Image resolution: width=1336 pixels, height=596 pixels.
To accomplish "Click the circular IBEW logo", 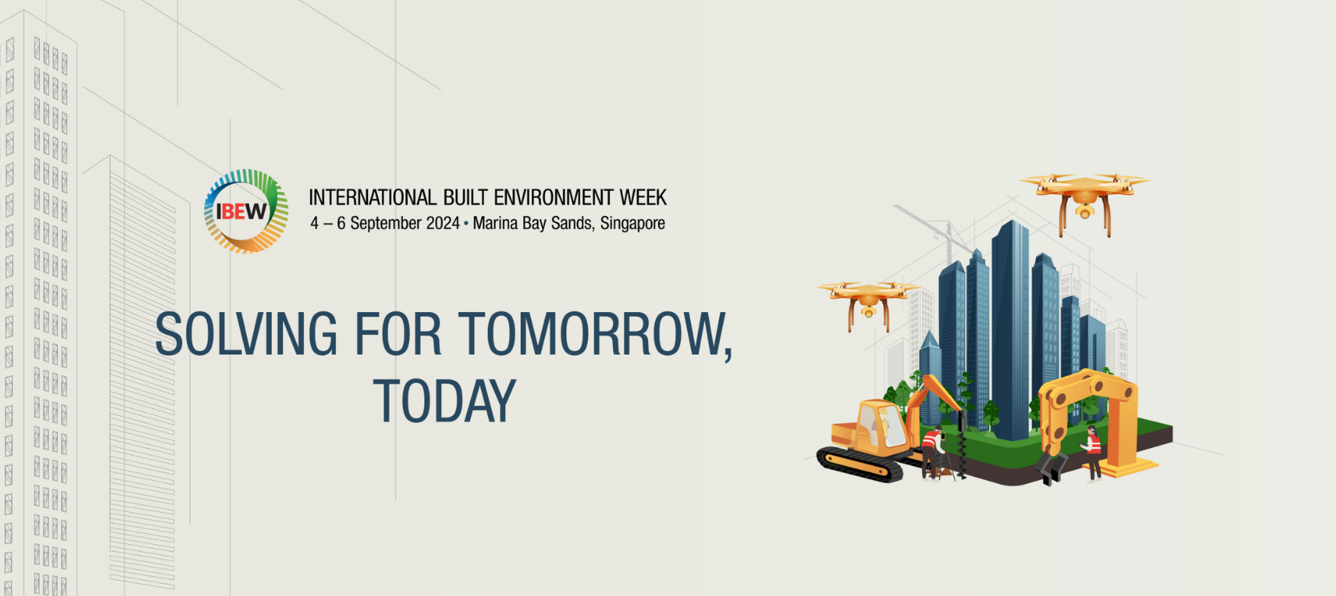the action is [x=246, y=211].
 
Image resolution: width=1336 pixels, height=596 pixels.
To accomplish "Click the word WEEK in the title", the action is [x=643, y=198].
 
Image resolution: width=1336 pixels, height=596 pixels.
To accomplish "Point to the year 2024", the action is [x=443, y=224].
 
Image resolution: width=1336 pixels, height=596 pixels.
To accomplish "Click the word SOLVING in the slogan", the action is [x=246, y=333].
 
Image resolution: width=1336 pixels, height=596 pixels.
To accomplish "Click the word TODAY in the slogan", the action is [x=444, y=401].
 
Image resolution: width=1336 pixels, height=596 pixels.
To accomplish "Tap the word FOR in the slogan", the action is [x=398, y=333].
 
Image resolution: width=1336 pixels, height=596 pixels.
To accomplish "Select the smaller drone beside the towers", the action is [x=868, y=302].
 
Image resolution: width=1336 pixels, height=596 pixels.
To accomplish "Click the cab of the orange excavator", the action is [x=883, y=424].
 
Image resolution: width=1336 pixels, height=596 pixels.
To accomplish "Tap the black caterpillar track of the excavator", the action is [x=860, y=463].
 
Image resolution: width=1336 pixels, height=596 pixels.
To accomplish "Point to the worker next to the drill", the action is [x=932, y=453].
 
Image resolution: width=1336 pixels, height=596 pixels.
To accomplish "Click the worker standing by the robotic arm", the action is [x=1092, y=453].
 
